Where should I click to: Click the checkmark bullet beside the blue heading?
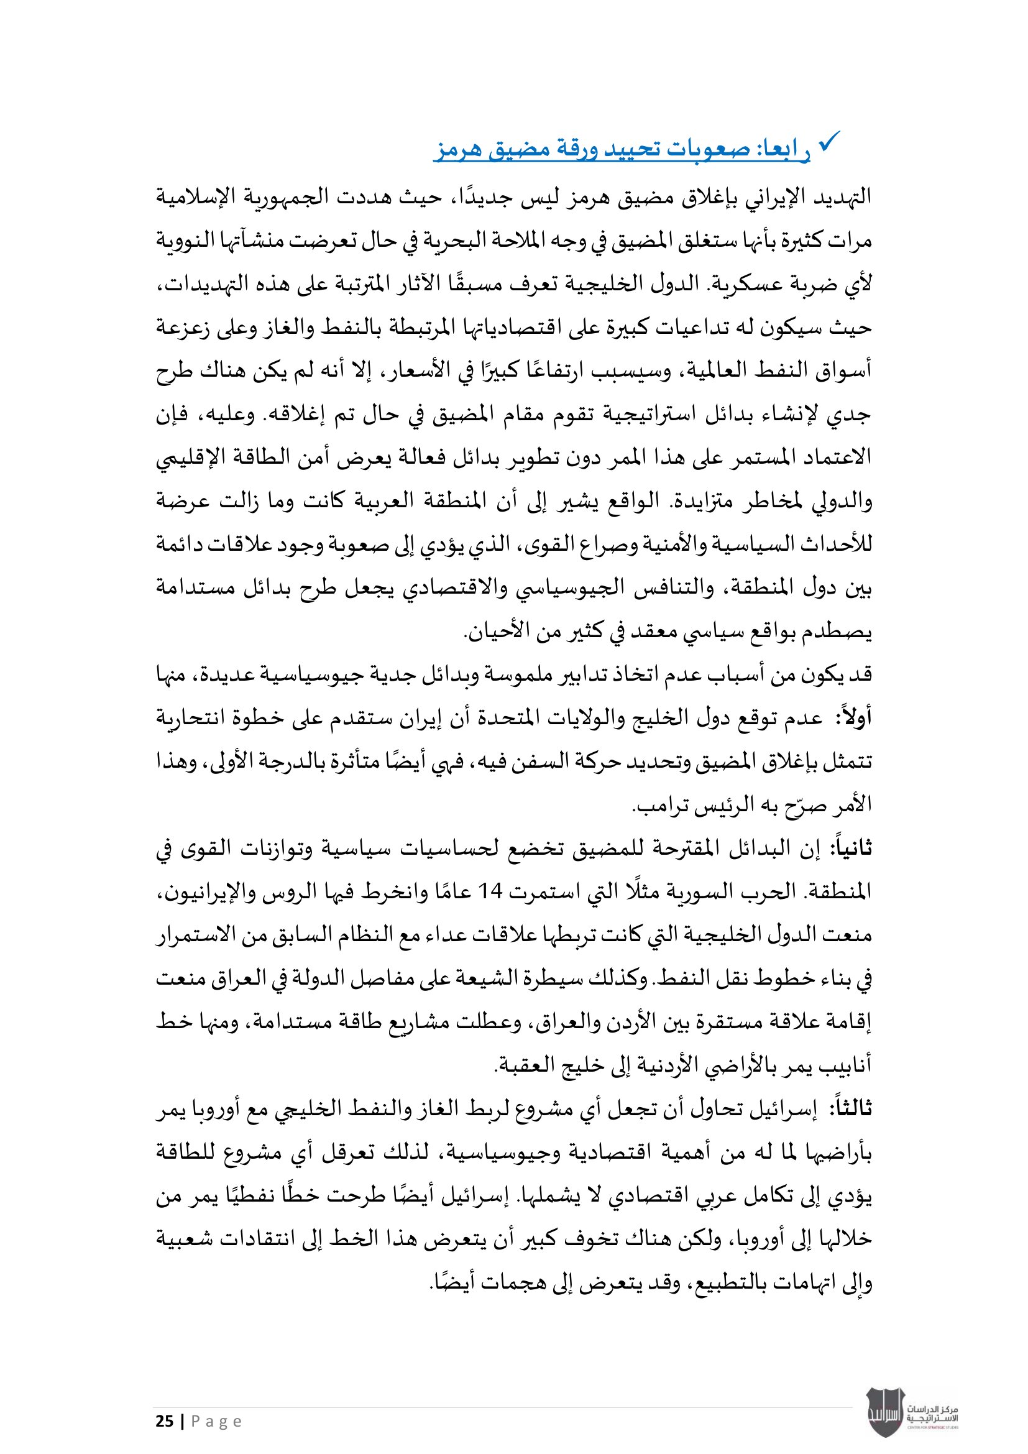(x=829, y=141)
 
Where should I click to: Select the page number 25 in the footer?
(x=165, y=1421)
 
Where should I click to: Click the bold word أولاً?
(x=854, y=717)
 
